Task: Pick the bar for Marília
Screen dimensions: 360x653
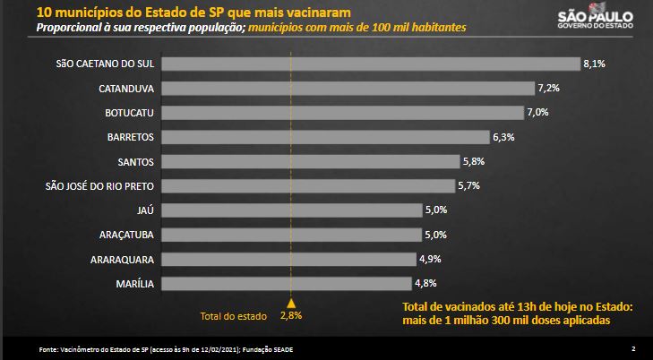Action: click(287, 283)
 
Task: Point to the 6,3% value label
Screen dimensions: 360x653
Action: click(503, 137)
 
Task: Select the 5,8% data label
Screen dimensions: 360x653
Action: click(475, 161)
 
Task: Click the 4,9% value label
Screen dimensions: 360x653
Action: click(429, 259)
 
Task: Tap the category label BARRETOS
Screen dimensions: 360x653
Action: click(131, 137)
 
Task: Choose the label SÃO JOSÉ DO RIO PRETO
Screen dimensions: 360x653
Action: click(100, 186)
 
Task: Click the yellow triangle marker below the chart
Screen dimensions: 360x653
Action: click(290, 302)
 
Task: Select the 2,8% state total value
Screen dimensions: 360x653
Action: click(290, 316)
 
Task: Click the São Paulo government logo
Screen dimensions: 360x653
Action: click(595, 19)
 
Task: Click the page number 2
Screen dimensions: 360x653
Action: click(632, 347)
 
